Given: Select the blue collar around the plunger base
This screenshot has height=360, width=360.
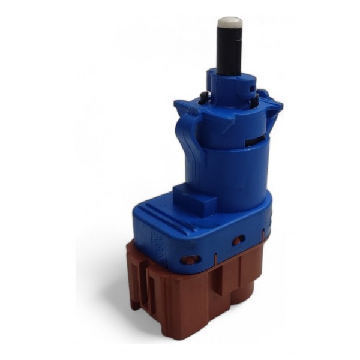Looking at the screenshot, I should click(x=231, y=84).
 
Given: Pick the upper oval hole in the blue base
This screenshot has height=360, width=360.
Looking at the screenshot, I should click(x=238, y=241).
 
